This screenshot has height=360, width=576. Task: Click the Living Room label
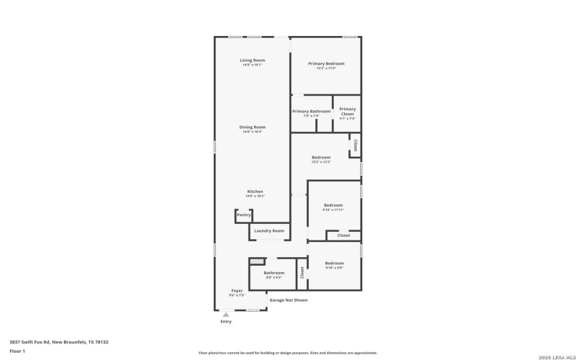(x=252, y=60)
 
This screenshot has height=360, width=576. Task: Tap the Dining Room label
(x=252, y=127)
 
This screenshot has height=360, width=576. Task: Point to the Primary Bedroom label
(x=326, y=63)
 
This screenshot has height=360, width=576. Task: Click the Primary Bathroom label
(x=311, y=111)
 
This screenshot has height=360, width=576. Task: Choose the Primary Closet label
(x=347, y=112)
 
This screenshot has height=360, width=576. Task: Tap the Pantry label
(x=244, y=215)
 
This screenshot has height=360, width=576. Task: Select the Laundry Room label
(x=269, y=230)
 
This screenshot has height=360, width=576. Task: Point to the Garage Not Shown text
(x=288, y=300)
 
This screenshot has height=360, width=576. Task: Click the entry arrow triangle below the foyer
(x=226, y=315)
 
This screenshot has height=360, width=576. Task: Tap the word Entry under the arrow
(x=226, y=322)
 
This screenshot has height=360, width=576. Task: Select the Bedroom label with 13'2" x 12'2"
(x=321, y=157)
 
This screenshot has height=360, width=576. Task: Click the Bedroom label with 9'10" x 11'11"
(x=333, y=205)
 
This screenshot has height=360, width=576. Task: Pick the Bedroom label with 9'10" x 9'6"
(x=333, y=263)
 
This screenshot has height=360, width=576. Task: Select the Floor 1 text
(x=17, y=351)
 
